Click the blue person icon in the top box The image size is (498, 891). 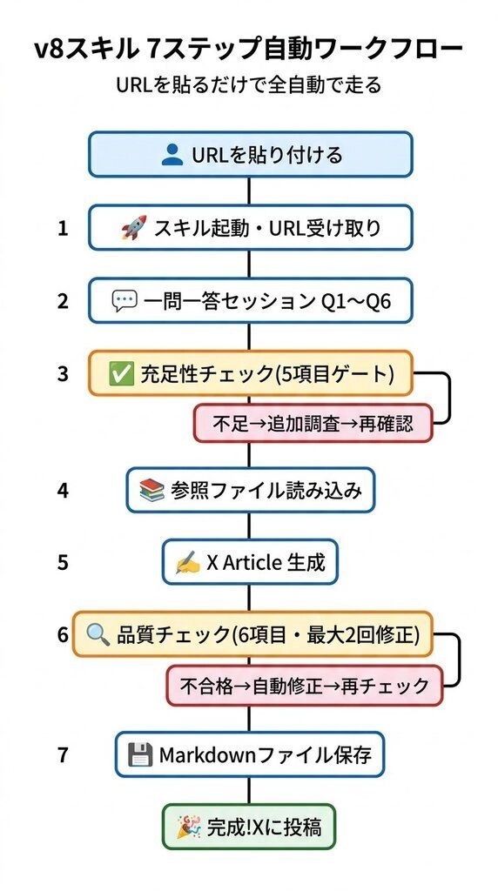172,155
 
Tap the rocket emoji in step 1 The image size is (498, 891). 134,227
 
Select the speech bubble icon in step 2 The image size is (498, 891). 124,300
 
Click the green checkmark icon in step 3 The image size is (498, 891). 120,373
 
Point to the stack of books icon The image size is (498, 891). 151,490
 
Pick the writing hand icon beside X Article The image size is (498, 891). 188,563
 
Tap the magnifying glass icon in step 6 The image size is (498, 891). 98,634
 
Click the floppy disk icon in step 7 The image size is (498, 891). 140,755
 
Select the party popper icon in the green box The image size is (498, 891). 189,827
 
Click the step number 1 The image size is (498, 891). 63,228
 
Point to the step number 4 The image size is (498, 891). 63,491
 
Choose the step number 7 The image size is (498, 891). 63,755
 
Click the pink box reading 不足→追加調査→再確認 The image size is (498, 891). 313,424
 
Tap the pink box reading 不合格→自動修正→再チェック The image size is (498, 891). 304,686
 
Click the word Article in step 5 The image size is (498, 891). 252,563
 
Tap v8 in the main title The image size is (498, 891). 47,50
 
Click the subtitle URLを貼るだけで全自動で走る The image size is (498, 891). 248,85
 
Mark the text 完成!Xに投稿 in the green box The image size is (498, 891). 264,827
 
